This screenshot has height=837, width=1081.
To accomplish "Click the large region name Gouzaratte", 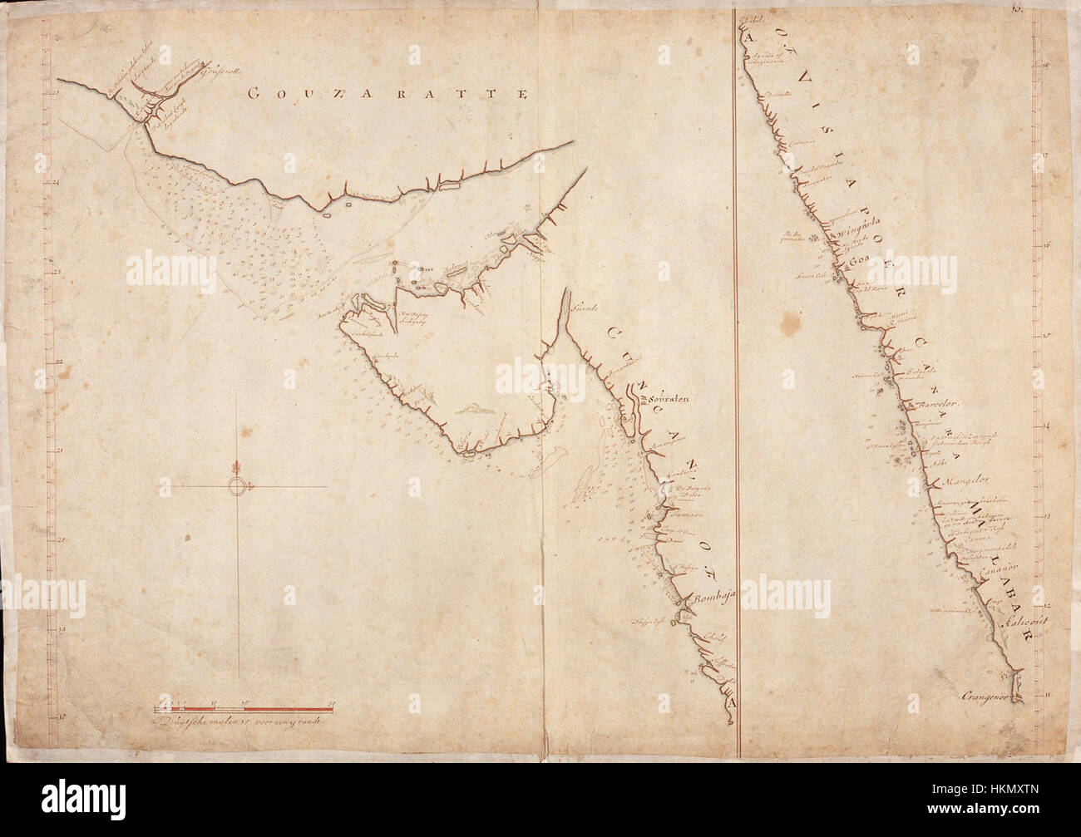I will click(x=388, y=94).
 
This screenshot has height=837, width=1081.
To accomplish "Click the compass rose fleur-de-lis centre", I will click(x=238, y=486).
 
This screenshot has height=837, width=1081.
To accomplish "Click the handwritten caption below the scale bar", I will click(x=239, y=721).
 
